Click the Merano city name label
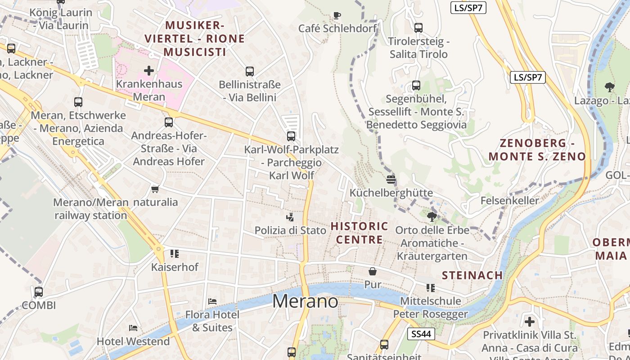click(305, 301)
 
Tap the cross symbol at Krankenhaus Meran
click(149, 71)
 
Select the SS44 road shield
click(421, 334)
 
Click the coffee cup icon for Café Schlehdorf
click(337, 16)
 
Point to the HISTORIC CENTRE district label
click(360, 233)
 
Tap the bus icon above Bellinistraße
click(250, 71)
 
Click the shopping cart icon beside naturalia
click(155, 189)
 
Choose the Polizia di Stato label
click(290, 230)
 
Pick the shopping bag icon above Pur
click(373, 271)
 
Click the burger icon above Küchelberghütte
click(391, 180)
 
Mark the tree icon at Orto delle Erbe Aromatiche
click(432, 217)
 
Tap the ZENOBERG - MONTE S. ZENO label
click(537, 150)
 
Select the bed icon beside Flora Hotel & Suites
click(212, 301)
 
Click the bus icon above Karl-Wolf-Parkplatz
click(291, 136)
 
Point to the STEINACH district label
click(472, 275)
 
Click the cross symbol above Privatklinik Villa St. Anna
click(530, 322)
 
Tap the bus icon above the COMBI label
click(39, 292)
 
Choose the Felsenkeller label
click(509, 200)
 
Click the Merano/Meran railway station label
click(91, 209)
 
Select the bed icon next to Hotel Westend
click(133, 328)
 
